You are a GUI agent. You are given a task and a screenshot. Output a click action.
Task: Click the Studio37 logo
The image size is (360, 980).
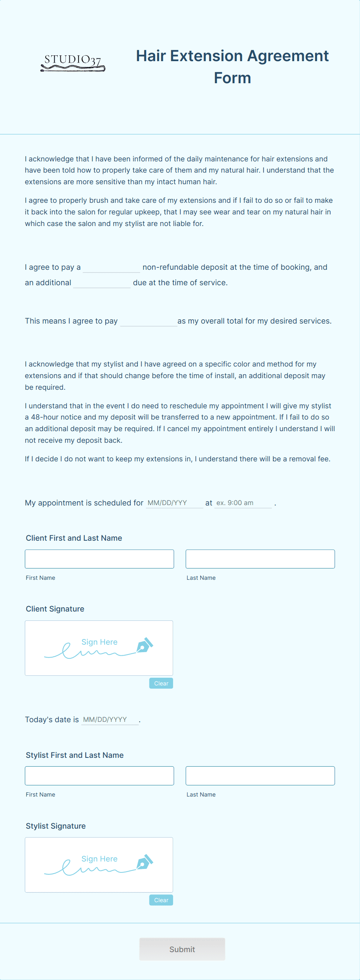(x=73, y=63)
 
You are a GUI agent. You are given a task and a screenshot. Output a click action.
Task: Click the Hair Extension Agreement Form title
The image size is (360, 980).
(x=232, y=67)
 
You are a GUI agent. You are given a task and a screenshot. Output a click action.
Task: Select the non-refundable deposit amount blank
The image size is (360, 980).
(x=111, y=267)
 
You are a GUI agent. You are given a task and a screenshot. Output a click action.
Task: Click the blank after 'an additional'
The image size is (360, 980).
(x=102, y=283)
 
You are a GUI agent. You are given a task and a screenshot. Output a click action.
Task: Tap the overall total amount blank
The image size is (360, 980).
(x=149, y=321)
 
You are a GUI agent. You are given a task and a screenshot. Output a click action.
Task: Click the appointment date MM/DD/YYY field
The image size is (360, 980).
(x=174, y=503)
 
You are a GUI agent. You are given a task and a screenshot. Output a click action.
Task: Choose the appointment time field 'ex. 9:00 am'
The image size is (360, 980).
(x=243, y=503)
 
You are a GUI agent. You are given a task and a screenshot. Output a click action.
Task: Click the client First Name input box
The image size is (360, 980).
(x=99, y=559)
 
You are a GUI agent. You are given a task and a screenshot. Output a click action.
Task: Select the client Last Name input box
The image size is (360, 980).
(x=260, y=559)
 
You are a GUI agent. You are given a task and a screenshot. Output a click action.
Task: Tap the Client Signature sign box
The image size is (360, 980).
(x=99, y=648)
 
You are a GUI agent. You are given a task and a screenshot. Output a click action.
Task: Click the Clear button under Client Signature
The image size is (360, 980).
(x=161, y=683)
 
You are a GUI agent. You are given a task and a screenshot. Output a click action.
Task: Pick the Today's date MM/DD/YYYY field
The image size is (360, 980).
(x=110, y=720)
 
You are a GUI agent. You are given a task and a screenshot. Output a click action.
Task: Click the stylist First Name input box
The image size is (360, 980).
(x=99, y=776)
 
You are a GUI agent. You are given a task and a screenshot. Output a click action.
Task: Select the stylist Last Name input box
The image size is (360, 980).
(x=260, y=776)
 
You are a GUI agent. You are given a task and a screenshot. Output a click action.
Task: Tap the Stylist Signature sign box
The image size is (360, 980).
(x=99, y=865)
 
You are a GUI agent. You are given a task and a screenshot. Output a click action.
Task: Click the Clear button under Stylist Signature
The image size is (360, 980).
(x=161, y=900)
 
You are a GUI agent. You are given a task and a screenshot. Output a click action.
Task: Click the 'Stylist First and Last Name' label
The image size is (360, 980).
(x=75, y=755)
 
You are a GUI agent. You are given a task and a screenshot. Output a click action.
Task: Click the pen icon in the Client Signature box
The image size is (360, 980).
(x=144, y=645)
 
